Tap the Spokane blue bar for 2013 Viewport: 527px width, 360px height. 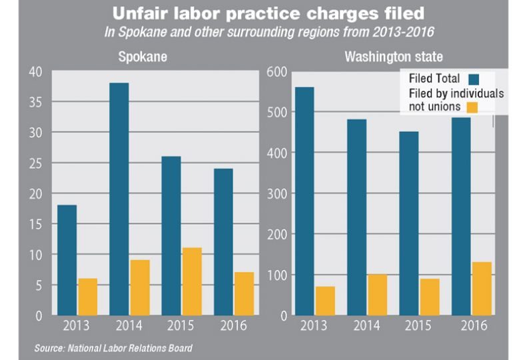[x=67, y=260]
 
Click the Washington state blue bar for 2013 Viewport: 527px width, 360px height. [x=304, y=201]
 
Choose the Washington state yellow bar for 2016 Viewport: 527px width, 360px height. [x=482, y=288]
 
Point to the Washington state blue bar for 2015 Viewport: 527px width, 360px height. [x=408, y=223]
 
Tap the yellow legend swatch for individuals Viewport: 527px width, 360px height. [x=472, y=107]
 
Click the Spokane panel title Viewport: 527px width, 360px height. [x=143, y=57]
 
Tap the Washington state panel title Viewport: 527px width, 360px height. [x=384, y=57]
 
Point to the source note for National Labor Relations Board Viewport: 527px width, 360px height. [x=113, y=348]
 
